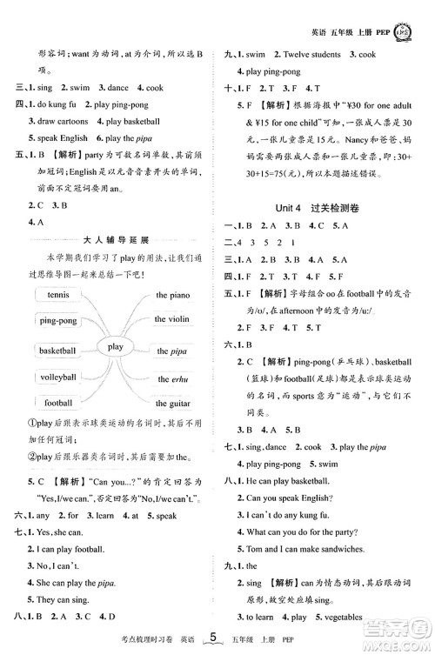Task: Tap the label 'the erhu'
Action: pyautogui.click(x=172, y=379)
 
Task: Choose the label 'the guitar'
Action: pyautogui.click(x=173, y=404)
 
